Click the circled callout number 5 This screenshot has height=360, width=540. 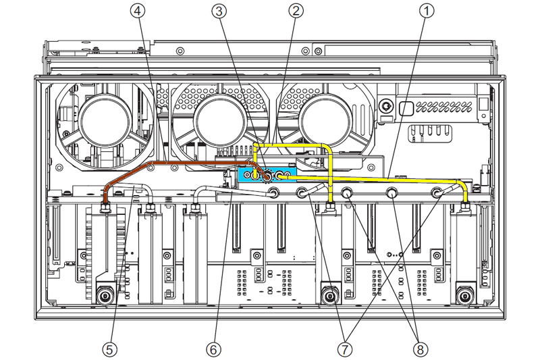click(x=110, y=349)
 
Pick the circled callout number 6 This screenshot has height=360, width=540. click(x=213, y=349)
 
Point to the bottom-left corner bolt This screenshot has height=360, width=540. click(x=105, y=295)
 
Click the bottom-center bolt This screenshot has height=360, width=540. click(x=329, y=295)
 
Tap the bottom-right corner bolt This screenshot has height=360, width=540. click(x=464, y=295)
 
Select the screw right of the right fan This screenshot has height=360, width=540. click(x=385, y=107)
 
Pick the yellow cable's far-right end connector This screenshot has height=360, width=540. click(x=464, y=204)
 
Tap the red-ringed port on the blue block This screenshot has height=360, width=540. click(x=266, y=176)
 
